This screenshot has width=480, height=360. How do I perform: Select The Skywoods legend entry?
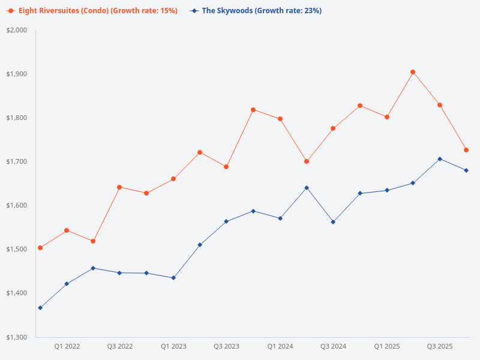(x=256, y=11)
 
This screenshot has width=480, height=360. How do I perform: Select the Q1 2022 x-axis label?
(x=67, y=346)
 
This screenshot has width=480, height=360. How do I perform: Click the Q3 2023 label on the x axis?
(x=226, y=346)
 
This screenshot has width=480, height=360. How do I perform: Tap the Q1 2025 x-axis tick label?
(x=386, y=346)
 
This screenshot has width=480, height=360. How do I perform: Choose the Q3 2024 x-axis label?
(x=333, y=346)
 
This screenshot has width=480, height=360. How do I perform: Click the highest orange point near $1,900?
(x=413, y=72)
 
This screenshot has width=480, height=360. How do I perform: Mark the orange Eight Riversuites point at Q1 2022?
(x=67, y=230)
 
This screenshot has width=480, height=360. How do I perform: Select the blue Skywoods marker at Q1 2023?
(x=173, y=278)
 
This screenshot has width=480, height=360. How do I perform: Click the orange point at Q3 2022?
(x=119, y=187)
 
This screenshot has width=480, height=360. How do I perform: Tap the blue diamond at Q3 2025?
(x=440, y=159)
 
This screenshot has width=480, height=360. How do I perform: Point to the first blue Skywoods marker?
(x=40, y=308)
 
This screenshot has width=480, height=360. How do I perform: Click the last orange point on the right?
(x=466, y=150)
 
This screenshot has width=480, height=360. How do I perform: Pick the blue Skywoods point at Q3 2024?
(x=333, y=222)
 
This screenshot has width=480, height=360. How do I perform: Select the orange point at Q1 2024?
(x=280, y=119)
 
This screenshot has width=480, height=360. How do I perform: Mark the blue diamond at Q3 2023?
(x=226, y=221)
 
